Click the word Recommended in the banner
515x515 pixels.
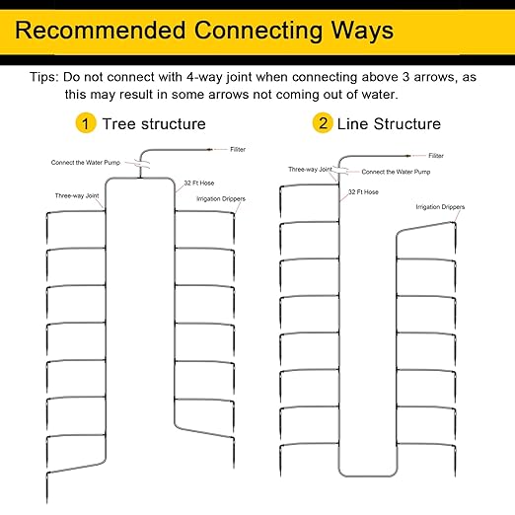101,31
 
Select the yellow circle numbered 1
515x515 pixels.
86,123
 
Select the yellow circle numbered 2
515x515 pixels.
323,123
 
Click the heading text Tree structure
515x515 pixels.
154,124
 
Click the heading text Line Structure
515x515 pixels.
389,124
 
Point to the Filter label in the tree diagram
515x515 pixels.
238,150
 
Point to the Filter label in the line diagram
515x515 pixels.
436,156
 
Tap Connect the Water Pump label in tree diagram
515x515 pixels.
86,163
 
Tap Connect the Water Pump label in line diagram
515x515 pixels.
396,172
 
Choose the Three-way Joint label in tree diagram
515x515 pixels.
77,195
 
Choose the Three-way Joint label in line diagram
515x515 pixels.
310,170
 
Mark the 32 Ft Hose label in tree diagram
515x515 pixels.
199,184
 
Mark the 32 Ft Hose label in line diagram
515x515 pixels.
363,192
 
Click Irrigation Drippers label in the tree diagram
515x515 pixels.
221,199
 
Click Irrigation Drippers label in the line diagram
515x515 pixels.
440,207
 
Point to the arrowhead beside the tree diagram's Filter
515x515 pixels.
209,150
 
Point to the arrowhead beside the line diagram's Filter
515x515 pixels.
408,156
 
